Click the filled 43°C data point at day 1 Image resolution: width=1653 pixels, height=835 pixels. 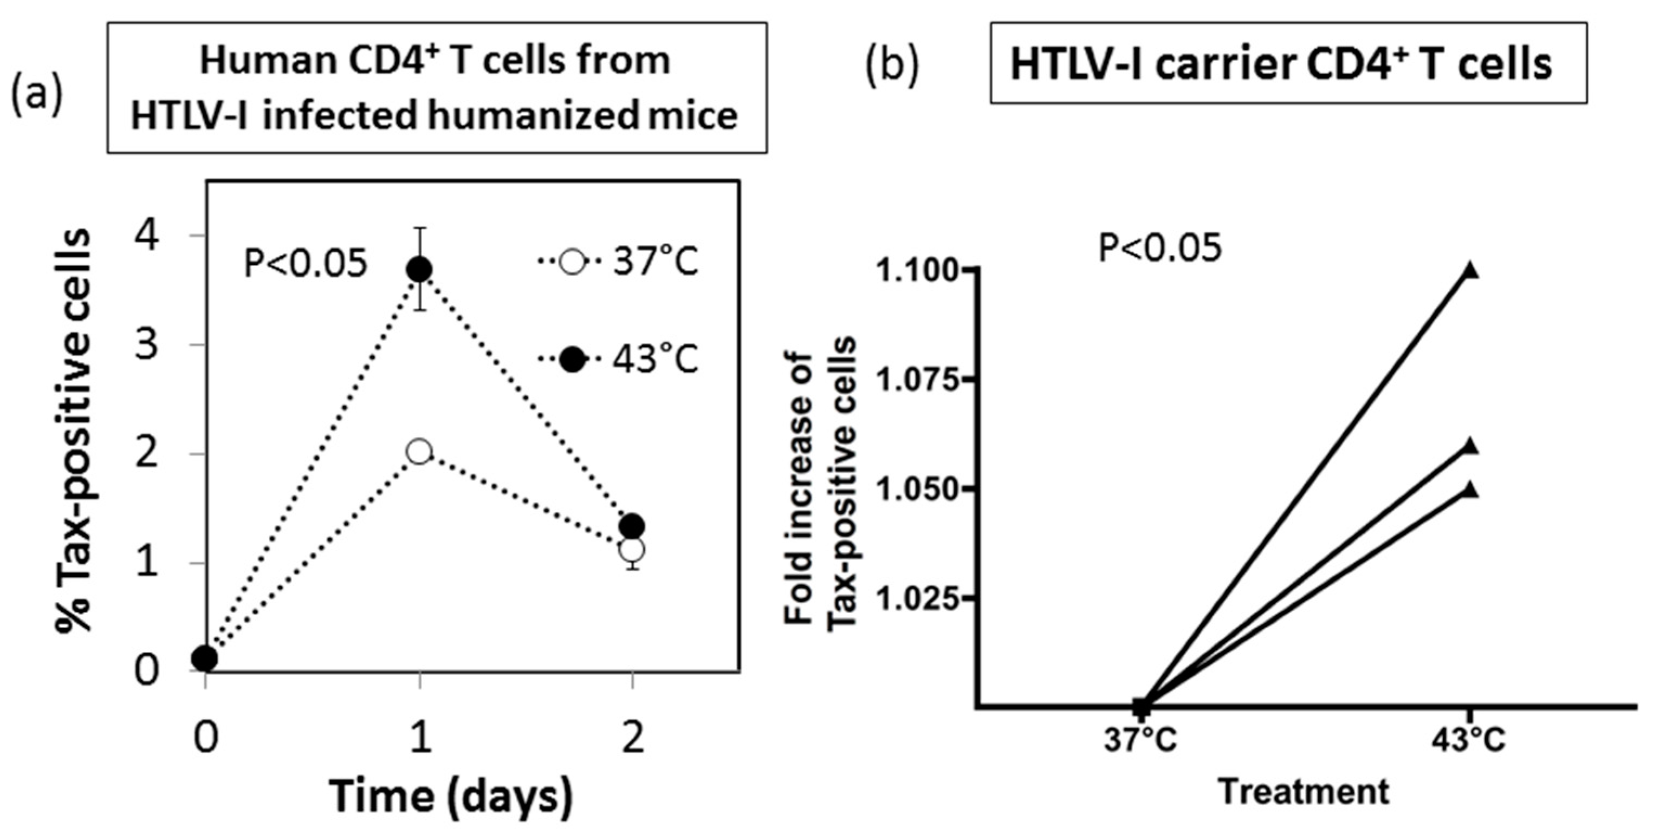420,269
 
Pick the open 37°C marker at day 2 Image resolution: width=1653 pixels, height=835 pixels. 633,550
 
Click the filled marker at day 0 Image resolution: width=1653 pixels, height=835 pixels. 205,657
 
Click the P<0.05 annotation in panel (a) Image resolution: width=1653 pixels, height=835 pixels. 306,264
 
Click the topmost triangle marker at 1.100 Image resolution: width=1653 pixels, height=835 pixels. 1472,271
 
